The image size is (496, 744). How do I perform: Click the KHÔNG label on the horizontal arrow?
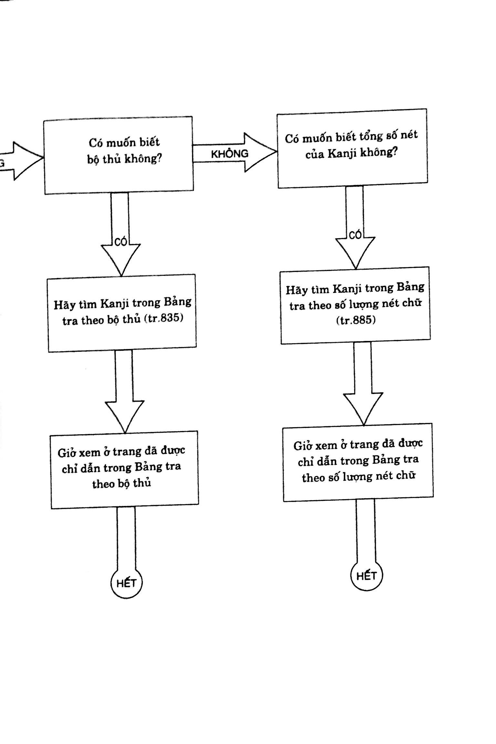click(230, 154)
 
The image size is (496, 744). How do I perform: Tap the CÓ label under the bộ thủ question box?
click(121, 243)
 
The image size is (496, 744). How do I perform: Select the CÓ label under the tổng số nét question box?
click(355, 235)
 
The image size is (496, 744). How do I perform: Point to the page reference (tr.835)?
click(164, 319)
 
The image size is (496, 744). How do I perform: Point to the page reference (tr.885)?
click(355, 321)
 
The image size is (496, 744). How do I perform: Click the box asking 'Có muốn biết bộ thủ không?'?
click(119, 155)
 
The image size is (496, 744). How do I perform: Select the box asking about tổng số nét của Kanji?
click(352, 148)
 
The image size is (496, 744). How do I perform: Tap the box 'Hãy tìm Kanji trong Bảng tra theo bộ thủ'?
click(122, 313)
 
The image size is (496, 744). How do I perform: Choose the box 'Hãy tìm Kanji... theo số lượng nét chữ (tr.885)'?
click(355, 305)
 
